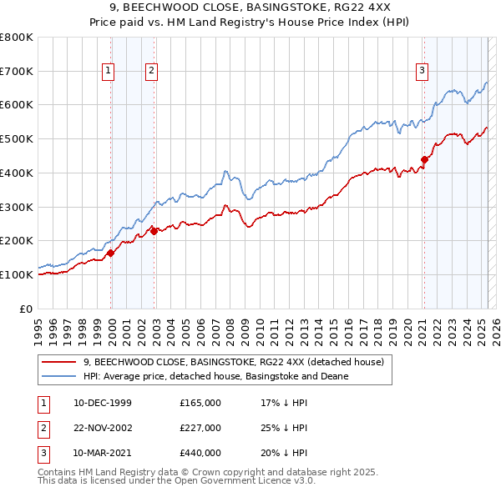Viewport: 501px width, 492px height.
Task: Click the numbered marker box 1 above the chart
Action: tap(109, 72)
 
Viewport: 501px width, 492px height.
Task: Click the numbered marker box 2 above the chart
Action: tap(151, 72)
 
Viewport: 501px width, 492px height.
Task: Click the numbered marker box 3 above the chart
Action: tap(423, 72)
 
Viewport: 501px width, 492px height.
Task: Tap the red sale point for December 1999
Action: tap(111, 253)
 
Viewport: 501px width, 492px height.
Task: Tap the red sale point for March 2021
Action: tap(424, 159)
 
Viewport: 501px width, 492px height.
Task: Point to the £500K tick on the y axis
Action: tap(18, 138)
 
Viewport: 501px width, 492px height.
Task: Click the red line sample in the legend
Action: tap(59, 363)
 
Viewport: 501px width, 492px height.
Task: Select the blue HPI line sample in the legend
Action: tap(59, 376)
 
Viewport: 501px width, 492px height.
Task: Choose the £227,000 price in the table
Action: tap(200, 428)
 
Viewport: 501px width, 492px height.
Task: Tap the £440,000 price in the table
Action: tap(200, 453)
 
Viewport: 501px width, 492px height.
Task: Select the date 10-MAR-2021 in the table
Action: tap(103, 453)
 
